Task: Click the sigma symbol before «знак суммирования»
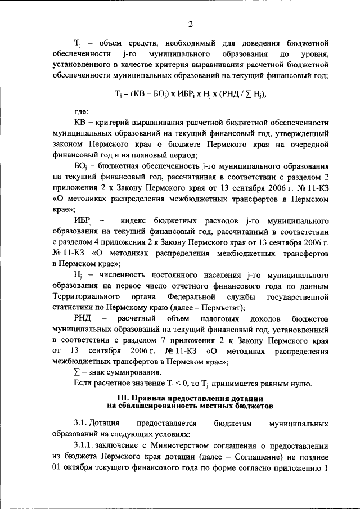(x=77, y=373)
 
